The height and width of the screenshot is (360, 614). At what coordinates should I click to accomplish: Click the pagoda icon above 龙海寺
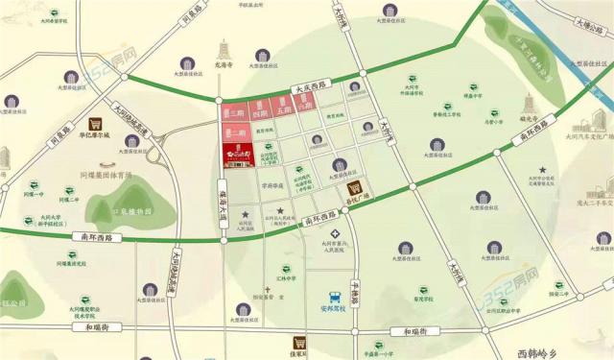[227, 48]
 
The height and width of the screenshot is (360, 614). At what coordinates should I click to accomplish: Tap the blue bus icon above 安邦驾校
[333, 298]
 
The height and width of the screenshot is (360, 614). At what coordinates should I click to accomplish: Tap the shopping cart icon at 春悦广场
[355, 188]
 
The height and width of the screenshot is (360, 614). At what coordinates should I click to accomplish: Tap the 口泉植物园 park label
[132, 211]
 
